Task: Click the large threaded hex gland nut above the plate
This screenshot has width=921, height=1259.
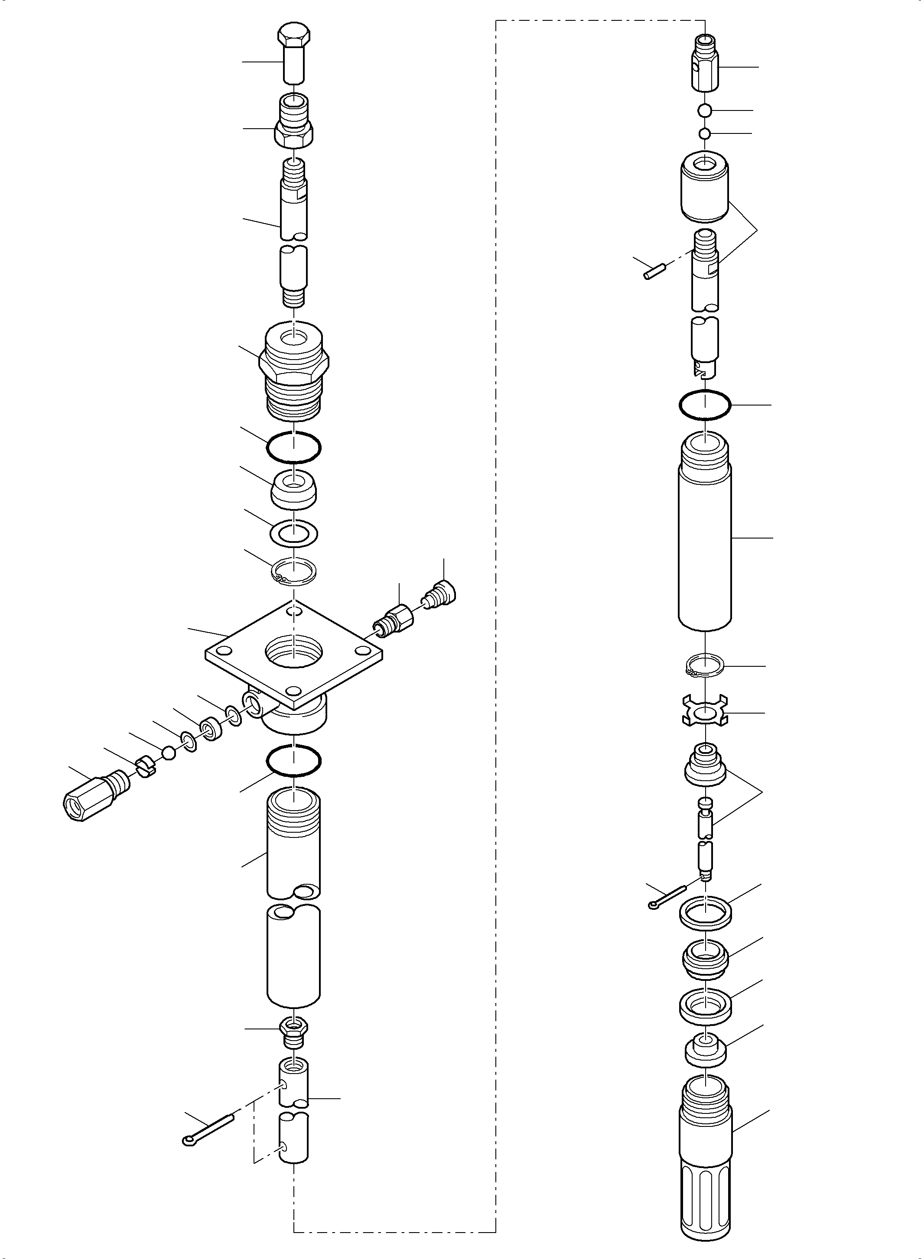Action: point(294,370)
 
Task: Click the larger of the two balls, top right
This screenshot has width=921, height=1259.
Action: point(705,111)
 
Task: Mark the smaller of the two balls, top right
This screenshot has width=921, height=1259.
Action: point(705,134)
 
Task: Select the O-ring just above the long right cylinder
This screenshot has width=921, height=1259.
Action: point(705,404)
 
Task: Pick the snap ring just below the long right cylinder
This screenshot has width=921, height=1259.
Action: point(705,666)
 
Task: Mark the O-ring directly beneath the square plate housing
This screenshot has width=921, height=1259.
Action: point(293,759)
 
